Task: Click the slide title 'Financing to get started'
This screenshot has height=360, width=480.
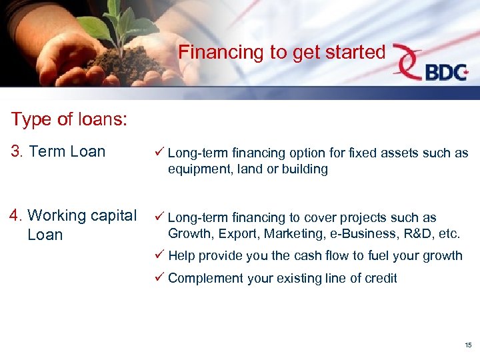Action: coord(282,52)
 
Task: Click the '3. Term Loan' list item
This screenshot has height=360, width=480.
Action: coord(58,151)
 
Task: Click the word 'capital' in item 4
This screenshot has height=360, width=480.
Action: coord(113,216)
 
